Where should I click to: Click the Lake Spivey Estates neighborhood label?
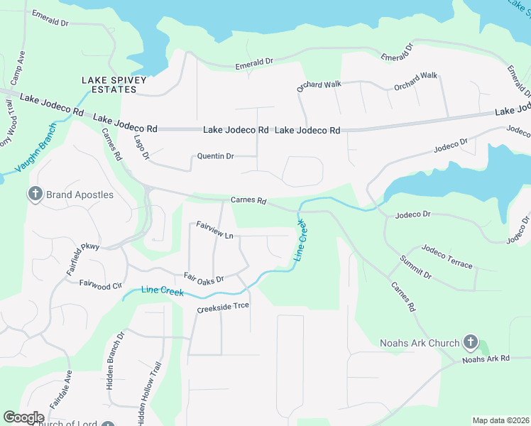pos(109,84)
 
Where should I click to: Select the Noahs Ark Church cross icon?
pos(469,344)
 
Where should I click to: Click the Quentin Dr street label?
pos(215,156)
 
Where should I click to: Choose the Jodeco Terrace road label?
pos(447,256)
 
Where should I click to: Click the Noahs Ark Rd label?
pos(486,359)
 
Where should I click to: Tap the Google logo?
pos(23,417)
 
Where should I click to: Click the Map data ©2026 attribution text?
pos(500,420)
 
